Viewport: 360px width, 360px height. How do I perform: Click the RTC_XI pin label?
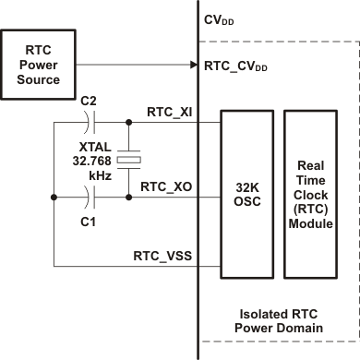(x=169, y=111)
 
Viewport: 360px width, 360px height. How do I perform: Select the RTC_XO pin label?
(x=165, y=186)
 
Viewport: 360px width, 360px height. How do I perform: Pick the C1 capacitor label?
(x=89, y=222)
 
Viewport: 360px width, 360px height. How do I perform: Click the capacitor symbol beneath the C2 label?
(x=89, y=122)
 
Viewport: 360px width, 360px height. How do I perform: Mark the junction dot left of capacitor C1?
(x=54, y=198)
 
